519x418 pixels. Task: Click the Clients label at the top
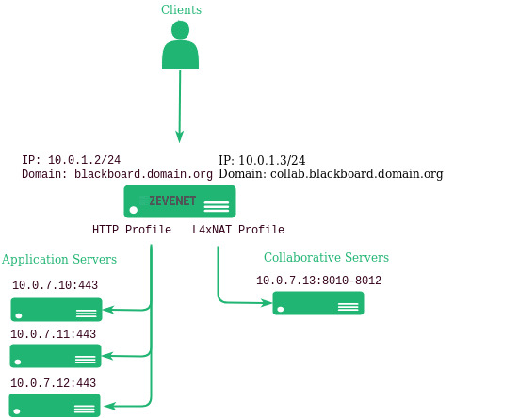(x=181, y=9)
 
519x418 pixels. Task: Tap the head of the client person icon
(x=181, y=30)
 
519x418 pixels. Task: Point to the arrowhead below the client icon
(x=179, y=137)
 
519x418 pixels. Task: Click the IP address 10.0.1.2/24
(x=85, y=160)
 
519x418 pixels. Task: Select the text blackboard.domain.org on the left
(x=143, y=174)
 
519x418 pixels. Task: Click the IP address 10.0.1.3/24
(x=272, y=160)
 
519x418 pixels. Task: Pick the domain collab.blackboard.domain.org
(x=356, y=174)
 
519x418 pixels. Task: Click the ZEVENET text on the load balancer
(x=172, y=201)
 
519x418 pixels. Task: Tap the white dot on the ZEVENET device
(x=134, y=210)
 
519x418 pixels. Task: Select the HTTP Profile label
(x=132, y=230)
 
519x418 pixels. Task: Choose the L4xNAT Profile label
(x=238, y=230)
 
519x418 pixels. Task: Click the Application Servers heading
(x=59, y=259)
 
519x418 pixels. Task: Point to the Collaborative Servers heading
(x=326, y=257)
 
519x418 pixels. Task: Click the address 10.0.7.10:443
(x=56, y=285)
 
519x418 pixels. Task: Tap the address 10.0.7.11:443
(x=54, y=334)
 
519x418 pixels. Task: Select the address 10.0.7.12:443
(x=54, y=383)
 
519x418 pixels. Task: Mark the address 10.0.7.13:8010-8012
(x=318, y=281)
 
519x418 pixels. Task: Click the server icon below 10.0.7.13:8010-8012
(x=318, y=303)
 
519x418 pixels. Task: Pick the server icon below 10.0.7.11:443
(x=56, y=356)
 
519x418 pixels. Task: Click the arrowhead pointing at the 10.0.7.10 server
(x=108, y=310)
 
